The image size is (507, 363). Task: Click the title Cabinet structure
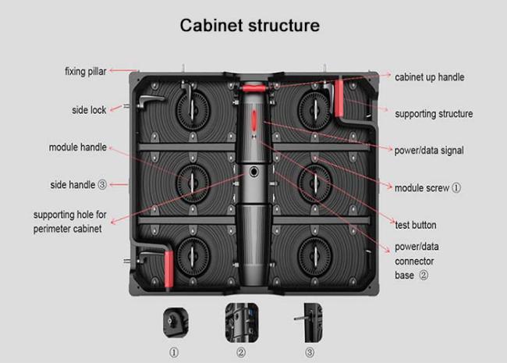pyautogui.click(x=250, y=25)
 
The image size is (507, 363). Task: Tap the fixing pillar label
pyautogui.click(x=85, y=72)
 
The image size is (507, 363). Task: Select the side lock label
pyautogui.click(x=88, y=110)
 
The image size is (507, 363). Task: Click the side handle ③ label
pyautogui.click(x=78, y=185)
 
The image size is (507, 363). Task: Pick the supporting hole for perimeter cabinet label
pyautogui.click(x=71, y=221)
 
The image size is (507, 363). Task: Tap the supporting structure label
pyautogui.click(x=434, y=114)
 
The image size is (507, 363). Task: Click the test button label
pyautogui.click(x=417, y=225)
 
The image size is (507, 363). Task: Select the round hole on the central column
pyautogui.click(x=254, y=173)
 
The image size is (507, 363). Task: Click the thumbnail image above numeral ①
pyautogui.click(x=174, y=320)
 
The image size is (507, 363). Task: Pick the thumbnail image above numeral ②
pyautogui.click(x=240, y=320)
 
